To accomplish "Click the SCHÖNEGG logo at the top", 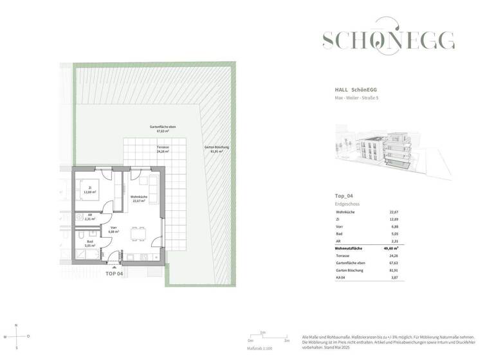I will tap(388, 40).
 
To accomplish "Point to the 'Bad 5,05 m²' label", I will tap(89, 244).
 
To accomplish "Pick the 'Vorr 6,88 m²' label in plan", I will tap(114, 230).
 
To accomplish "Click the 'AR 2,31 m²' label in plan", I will tap(89, 217).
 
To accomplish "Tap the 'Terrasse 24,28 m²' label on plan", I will tap(163, 150).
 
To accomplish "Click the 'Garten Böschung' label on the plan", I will tap(217, 150).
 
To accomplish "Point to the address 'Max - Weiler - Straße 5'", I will tap(361, 97).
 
